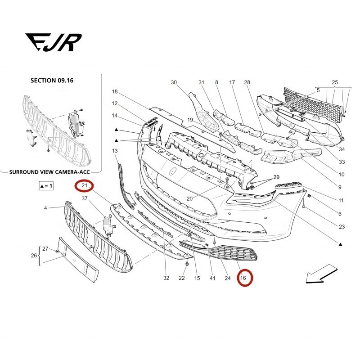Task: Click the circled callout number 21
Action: pos(83,185)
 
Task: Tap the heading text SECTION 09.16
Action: pos(52,81)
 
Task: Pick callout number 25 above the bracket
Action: pos(334,82)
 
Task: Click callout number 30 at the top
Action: pos(174,82)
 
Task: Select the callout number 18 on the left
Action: pos(115,92)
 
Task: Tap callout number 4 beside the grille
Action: pos(45,208)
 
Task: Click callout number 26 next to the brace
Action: pos(33,256)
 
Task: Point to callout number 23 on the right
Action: pos(341,226)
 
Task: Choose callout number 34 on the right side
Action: pos(342,149)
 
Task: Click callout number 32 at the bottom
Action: pos(166,278)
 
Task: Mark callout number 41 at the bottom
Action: pos(211,278)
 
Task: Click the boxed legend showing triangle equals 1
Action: pos(46,185)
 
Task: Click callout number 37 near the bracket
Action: pos(84,198)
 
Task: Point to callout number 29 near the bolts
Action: pos(276,177)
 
